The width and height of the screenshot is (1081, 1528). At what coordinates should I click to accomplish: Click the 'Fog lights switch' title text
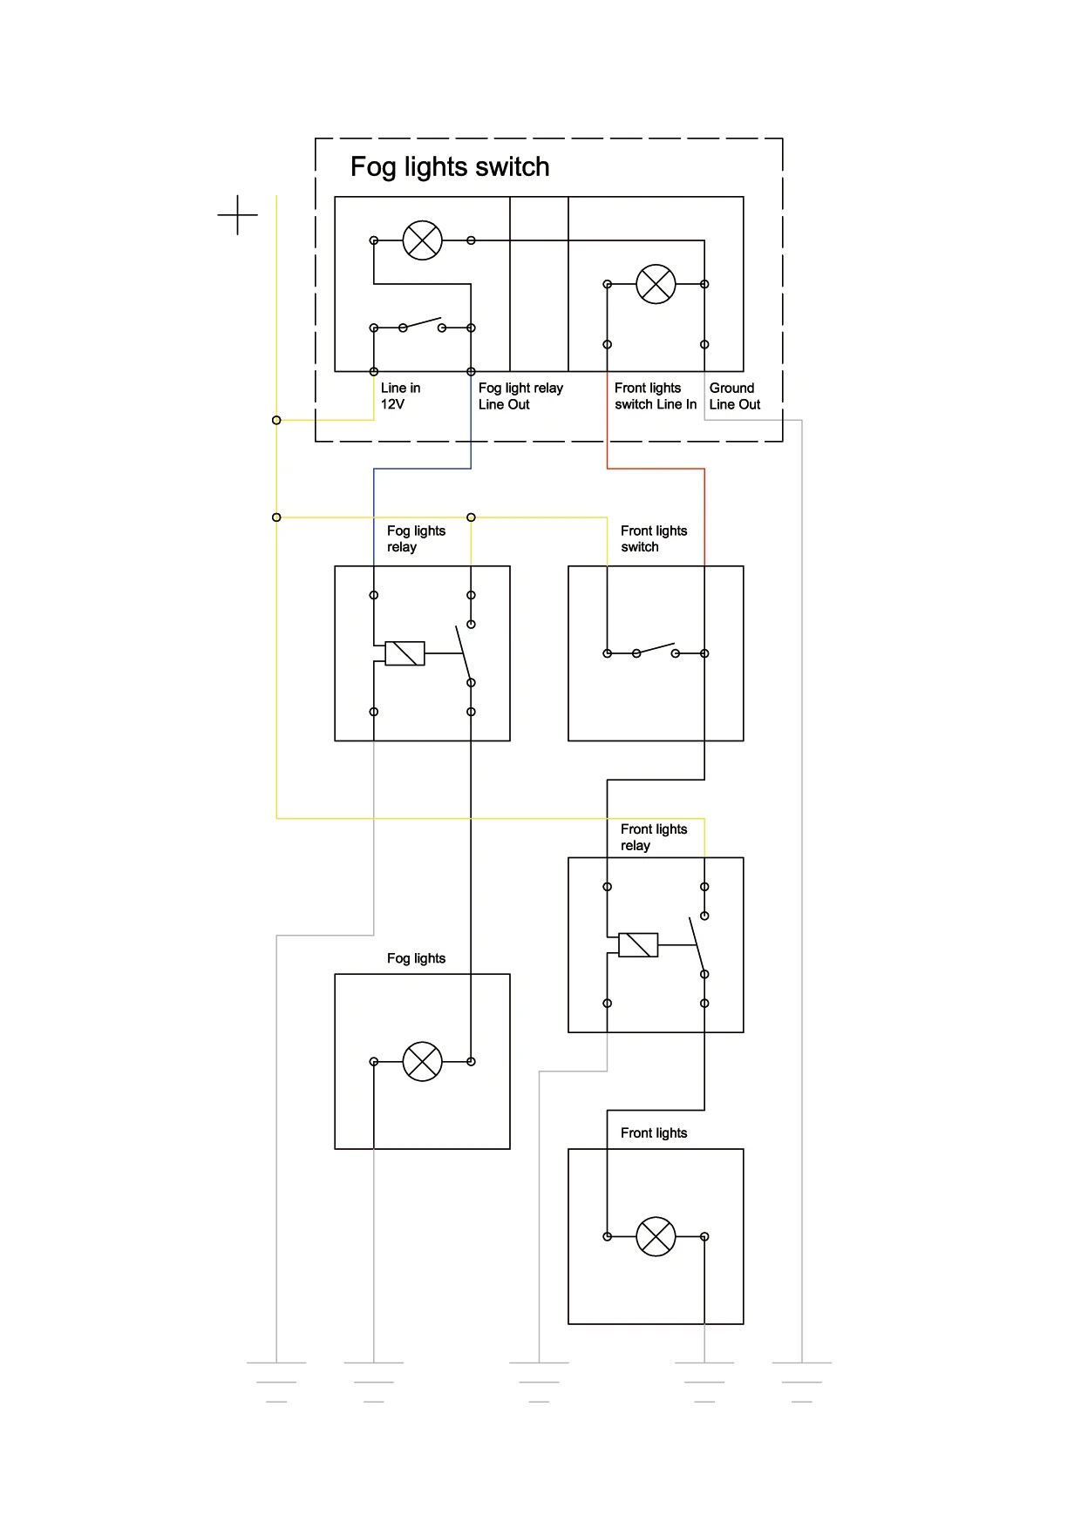pyautogui.click(x=450, y=166)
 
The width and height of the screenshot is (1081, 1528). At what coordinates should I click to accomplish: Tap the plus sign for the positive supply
pyautogui.click(x=237, y=214)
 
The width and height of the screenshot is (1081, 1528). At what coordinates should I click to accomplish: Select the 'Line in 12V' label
pyautogui.click(x=400, y=396)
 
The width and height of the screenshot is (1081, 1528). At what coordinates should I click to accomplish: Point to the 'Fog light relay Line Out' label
pyautogui.click(x=520, y=396)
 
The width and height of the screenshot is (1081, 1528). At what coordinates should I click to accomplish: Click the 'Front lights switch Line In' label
pyautogui.click(x=655, y=396)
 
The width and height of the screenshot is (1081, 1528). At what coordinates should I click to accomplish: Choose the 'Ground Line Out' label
pyautogui.click(x=734, y=396)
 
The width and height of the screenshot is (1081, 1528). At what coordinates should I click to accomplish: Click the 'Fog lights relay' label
pyautogui.click(x=416, y=539)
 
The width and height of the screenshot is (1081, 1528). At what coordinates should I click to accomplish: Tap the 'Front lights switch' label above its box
pyautogui.click(x=653, y=539)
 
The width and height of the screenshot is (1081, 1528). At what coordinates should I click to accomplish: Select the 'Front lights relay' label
pyautogui.click(x=653, y=837)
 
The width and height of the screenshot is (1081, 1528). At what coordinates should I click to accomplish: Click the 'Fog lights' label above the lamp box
pyautogui.click(x=416, y=958)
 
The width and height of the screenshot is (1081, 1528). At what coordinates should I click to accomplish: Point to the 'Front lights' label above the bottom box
pyautogui.click(x=653, y=1132)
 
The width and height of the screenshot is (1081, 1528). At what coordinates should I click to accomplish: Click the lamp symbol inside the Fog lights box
pyautogui.click(x=422, y=1062)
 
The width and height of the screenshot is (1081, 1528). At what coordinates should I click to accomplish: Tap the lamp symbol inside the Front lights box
pyautogui.click(x=656, y=1236)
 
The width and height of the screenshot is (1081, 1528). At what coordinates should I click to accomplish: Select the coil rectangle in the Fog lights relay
pyautogui.click(x=405, y=653)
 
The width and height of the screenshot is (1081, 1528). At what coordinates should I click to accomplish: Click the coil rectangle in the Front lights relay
pyautogui.click(x=638, y=945)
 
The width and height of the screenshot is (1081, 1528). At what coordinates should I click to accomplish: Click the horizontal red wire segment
pyautogui.click(x=656, y=469)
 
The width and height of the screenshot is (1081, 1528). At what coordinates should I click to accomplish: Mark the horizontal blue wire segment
pyautogui.click(x=422, y=469)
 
